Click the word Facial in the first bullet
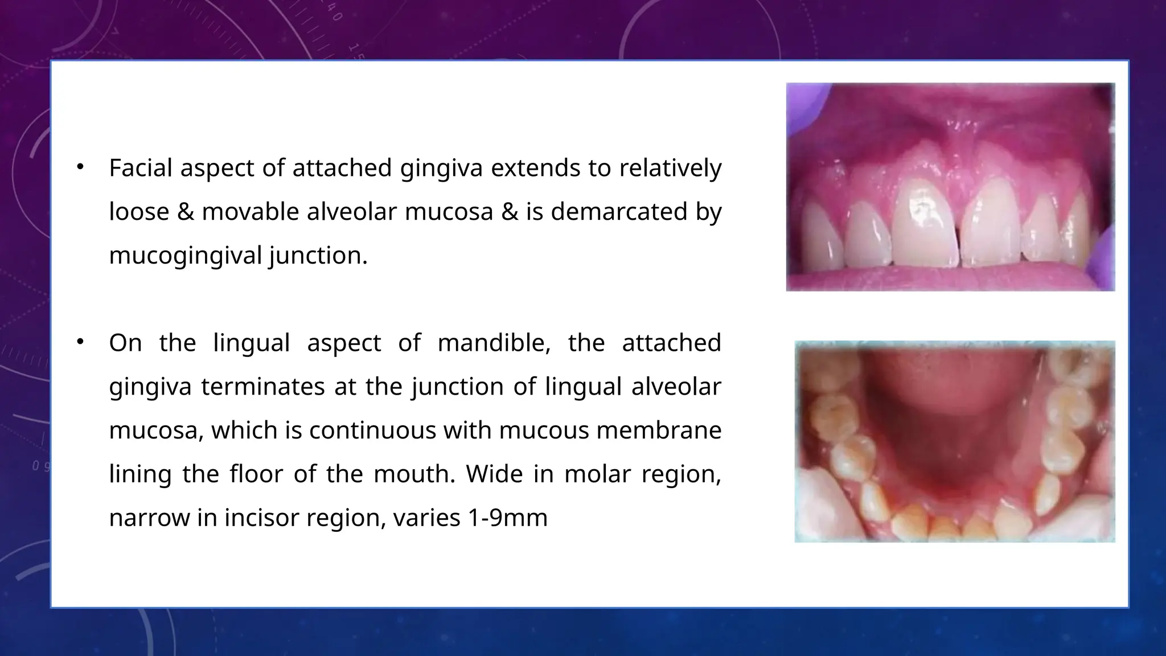pyautogui.click(x=141, y=168)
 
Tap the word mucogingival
pyautogui.click(x=185, y=256)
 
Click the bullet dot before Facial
pyautogui.click(x=80, y=167)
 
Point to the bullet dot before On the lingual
pyautogui.click(x=80, y=342)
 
